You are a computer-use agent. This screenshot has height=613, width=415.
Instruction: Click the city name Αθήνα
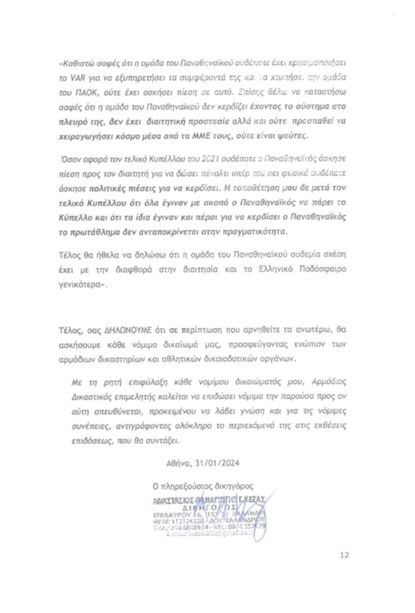click(x=177, y=463)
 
